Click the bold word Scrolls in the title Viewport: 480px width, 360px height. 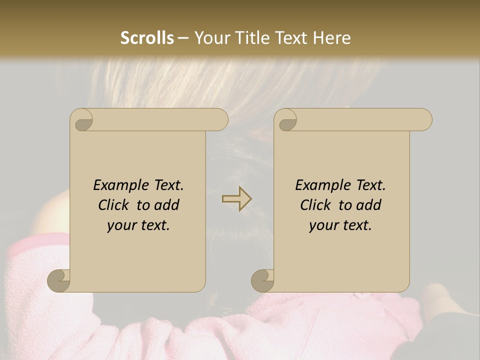tap(147, 38)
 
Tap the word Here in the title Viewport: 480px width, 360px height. tap(331, 38)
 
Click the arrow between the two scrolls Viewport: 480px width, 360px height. tap(237, 199)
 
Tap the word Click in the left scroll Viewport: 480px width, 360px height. tap(115, 205)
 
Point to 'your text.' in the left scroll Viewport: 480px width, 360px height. tap(138, 225)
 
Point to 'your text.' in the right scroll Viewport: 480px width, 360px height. tap(340, 225)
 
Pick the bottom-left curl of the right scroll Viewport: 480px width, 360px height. tap(263, 280)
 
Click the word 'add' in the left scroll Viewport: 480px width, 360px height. tap(166, 205)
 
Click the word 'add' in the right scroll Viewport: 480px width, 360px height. tap(368, 205)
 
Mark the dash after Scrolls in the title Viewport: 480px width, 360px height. tap(183, 38)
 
